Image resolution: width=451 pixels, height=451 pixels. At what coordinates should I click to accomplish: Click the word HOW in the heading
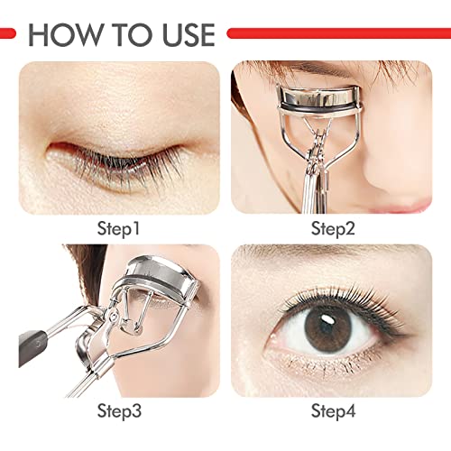66,33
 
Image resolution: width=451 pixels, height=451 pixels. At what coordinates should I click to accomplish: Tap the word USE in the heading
180,33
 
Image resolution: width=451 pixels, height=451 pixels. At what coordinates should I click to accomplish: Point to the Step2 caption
334,228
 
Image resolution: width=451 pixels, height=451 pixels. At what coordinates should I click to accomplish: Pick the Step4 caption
334,412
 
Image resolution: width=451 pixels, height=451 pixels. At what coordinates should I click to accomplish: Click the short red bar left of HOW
8,33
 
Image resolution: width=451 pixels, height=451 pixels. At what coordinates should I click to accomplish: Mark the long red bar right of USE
337,33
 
